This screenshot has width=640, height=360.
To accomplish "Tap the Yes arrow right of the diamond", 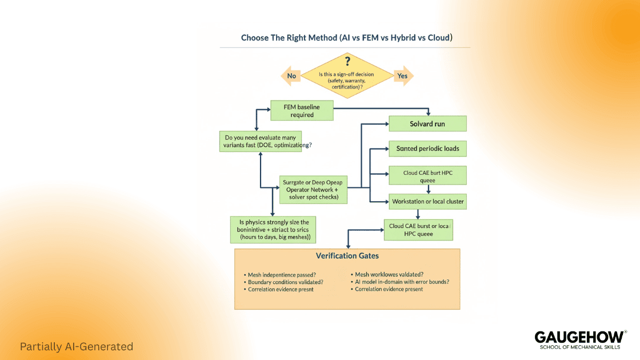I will click(402, 75).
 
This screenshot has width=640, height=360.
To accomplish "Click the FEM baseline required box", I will click(302, 111).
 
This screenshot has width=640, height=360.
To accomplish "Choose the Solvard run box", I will click(427, 124).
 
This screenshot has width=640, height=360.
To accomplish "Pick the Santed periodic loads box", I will click(427, 149).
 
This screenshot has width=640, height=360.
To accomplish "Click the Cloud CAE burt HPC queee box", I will click(427, 175).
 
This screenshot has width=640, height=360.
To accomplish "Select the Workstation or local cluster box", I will click(427, 201).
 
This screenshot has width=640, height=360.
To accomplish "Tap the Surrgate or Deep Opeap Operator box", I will click(314, 190).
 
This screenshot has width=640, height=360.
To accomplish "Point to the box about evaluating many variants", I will click(261, 141).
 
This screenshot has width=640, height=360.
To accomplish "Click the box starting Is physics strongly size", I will click(273, 229).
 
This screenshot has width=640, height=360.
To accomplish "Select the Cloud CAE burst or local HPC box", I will click(418, 230).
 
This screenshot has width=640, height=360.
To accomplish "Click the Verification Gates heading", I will click(347, 255).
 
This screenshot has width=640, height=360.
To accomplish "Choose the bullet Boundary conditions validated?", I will click(285, 282).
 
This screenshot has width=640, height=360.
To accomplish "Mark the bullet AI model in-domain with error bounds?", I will click(402, 282).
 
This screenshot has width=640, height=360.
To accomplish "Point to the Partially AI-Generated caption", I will click(77, 346).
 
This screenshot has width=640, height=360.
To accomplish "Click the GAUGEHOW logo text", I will click(578, 337).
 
